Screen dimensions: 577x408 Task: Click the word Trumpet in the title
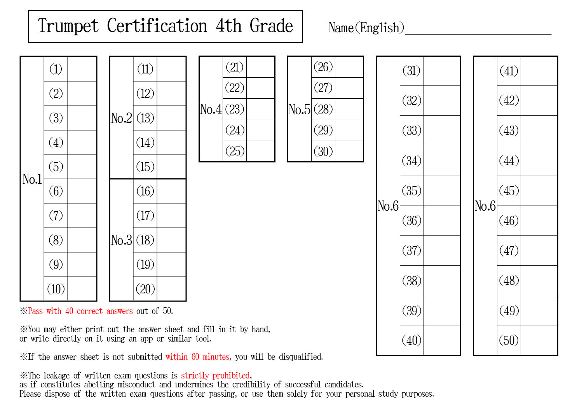click(68, 26)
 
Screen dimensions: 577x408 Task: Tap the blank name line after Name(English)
click(478, 34)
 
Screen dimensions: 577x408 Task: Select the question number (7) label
click(56, 216)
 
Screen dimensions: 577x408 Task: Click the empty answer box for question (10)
click(82, 289)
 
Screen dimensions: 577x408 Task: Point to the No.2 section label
click(121, 118)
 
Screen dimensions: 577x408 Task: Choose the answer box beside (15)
click(171, 167)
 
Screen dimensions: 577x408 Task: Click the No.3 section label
click(121, 240)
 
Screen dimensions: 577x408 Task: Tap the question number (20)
click(145, 289)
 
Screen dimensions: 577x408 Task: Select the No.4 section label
click(211, 109)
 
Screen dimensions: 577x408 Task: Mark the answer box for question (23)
click(260, 109)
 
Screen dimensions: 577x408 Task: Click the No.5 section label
click(299, 109)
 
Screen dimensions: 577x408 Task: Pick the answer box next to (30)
click(349, 151)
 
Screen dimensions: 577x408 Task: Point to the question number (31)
click(411, 71)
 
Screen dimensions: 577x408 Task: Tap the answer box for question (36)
click(442, 220)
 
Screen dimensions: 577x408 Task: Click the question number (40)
click(411, 340)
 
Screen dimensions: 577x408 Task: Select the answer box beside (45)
click(539, 191)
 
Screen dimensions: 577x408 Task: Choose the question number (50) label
click(509, 340)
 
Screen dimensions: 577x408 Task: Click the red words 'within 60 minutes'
click(197, 357)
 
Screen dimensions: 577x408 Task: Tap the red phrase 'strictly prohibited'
click(215, 375)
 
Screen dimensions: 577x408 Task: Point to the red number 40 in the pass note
click(69, 311)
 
